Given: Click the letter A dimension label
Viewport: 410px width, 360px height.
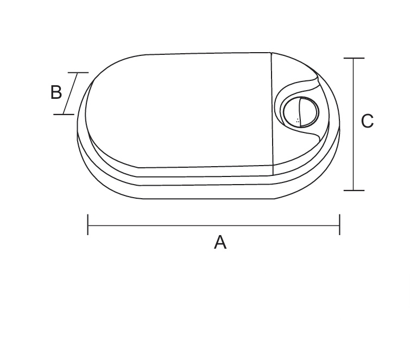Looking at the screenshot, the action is pyautogui.click(x=220, y=242).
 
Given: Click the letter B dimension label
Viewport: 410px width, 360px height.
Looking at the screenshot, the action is pyautogui.click(x=56, y=92).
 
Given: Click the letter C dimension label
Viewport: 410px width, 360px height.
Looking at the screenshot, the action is pyautogui.click(x=367, y=121).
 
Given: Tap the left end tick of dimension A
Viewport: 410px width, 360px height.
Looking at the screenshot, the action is pyautogui.click(x=88, y=225).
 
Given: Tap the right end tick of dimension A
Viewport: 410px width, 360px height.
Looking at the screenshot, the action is pyautogui.click(x=339, y=225).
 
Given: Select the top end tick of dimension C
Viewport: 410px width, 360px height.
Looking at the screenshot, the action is pyautogui.click(x=354, y=58).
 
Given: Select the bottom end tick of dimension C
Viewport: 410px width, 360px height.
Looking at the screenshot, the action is pyautogui.click(x=354, y=191).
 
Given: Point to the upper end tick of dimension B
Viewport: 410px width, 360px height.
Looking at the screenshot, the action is pyautogui.click(x=78, y=72).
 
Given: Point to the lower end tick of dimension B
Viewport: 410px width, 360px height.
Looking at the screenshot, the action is pyautogui.click(x=64, y=114).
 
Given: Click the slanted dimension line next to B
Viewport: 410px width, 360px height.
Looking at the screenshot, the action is pyautogui.click(x=71, y=93).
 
